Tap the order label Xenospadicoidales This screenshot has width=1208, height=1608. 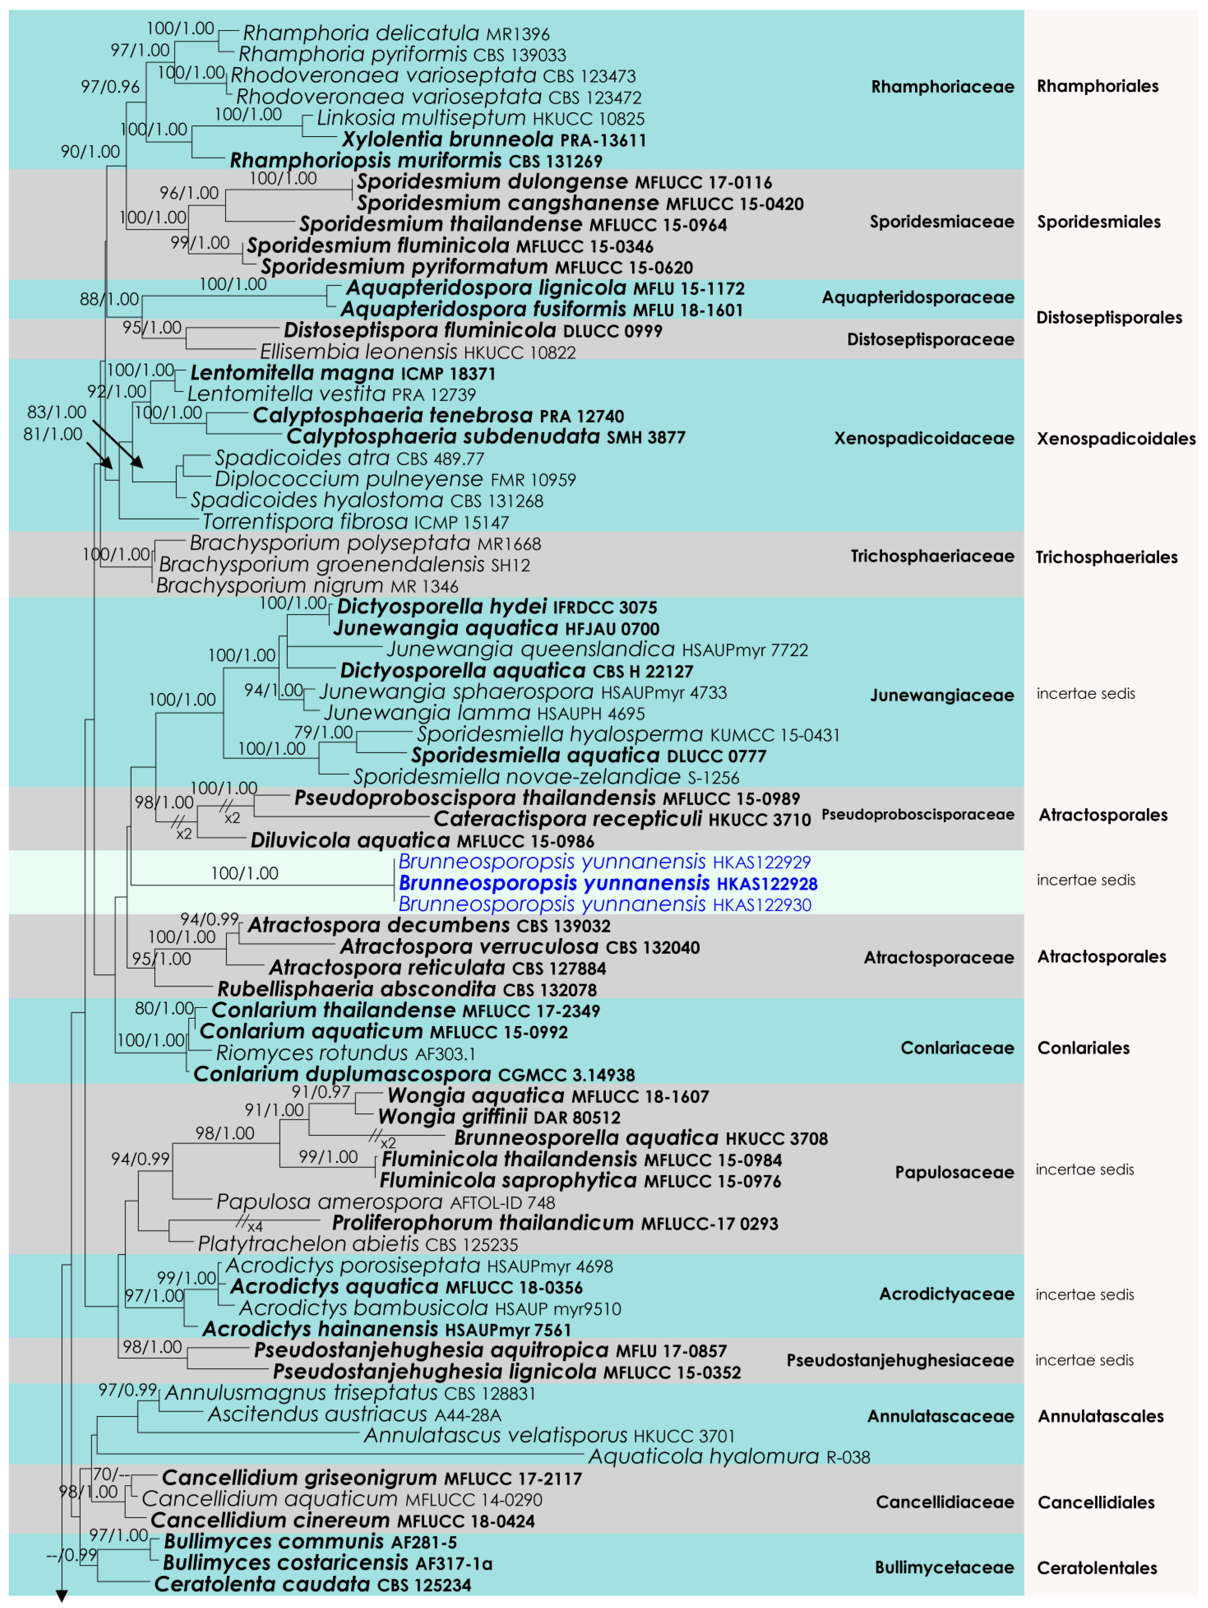[1116, 438]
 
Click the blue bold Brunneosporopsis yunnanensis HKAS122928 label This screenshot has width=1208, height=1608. [608, 883]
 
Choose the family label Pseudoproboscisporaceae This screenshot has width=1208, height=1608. [917, 814]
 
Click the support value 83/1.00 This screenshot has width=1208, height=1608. [57, 412]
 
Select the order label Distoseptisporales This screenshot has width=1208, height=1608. [1108, 318]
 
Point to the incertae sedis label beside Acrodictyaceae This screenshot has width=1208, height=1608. [1084, 1295]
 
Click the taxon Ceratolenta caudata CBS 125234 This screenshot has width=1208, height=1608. [312, 1585]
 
